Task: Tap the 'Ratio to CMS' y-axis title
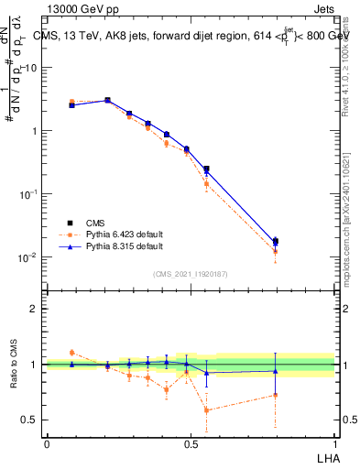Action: coord(16,365)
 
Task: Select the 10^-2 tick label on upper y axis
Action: coord(30,257)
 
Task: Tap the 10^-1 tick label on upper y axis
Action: coord(30,194)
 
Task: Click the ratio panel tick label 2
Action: coord(35,309)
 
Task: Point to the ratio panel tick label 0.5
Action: coord(30,420)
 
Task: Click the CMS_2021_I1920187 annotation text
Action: coord(190,273)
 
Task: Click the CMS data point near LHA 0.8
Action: coord(276,242)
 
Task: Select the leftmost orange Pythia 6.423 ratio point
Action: coord(71,352)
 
